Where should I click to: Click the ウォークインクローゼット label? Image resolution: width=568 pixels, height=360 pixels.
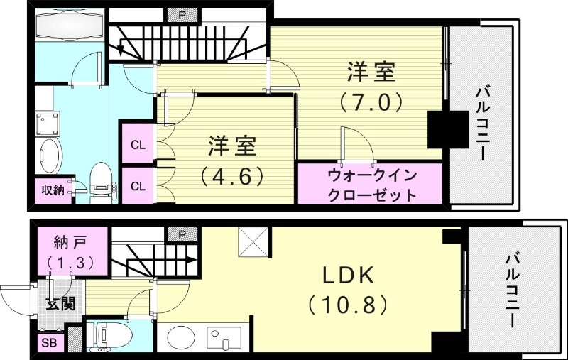(371, 185)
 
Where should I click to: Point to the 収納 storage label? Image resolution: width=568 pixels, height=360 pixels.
(53, 190)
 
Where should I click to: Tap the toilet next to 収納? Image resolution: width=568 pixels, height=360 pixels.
(102, 179)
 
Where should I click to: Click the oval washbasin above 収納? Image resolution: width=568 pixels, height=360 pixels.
(50, 154)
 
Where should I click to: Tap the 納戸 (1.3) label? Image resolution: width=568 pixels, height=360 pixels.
(70, 251)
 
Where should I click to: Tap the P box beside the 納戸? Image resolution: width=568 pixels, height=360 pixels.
(175, 234)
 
